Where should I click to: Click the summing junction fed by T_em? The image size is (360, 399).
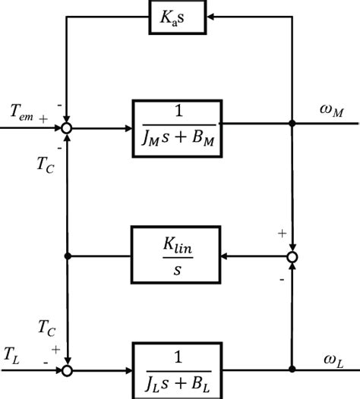pos(68,128)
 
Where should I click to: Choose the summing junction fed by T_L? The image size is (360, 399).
pos(68,370)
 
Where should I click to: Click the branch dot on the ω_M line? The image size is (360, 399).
pos(292,121)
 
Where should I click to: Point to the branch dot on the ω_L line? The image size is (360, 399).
pos(292,370)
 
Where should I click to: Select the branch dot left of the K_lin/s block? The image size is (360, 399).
pos(68,256)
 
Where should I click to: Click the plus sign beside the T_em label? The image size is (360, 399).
pos(44,118)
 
